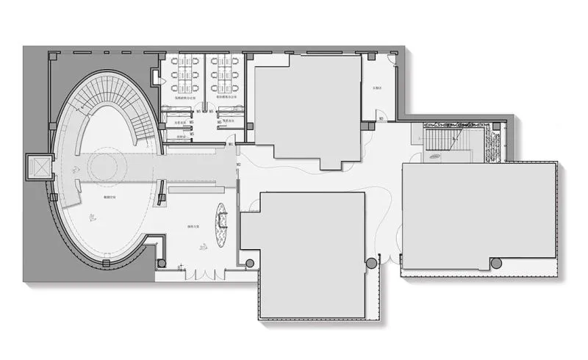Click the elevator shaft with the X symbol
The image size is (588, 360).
click(x=37, y=168)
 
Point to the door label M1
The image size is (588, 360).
click(x=231, y=144)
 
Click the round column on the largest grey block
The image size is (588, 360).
click(x=496, y=263)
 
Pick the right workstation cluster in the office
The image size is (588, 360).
click(x=223, y=75)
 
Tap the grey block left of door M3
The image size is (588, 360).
click(x=309, y=110)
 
